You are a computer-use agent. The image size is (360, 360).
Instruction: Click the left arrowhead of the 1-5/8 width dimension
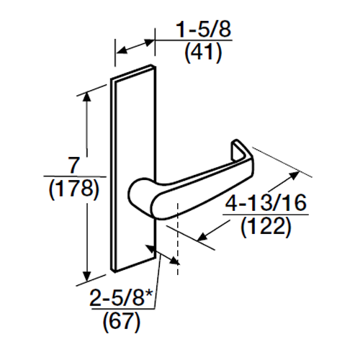120,51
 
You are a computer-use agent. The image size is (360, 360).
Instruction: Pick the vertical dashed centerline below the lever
176,245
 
